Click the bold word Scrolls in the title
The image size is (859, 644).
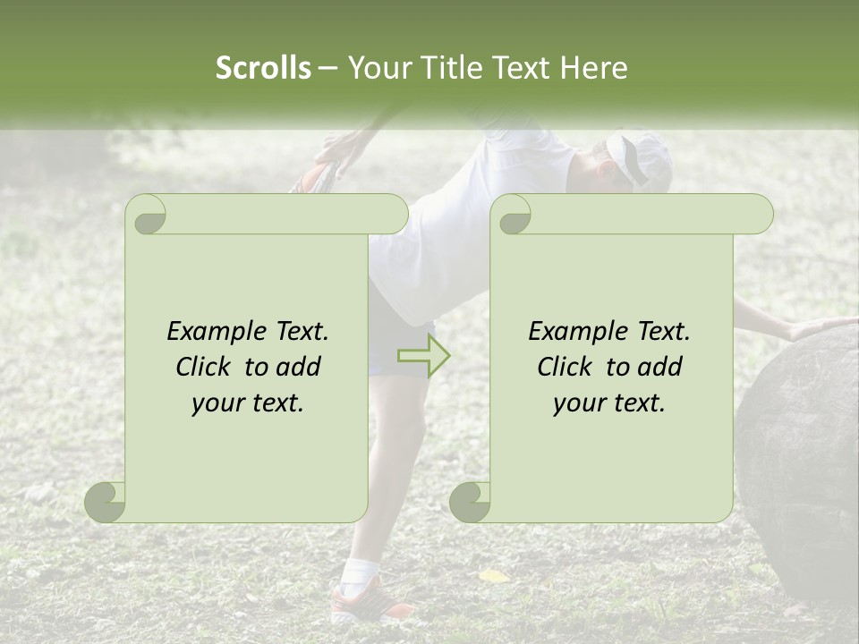(263, 68)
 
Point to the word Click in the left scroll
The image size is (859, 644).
(204, 367)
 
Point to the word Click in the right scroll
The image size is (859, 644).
(566, 367)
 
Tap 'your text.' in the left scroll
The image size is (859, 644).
(248, 403)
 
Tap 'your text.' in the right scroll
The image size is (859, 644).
(609, 403)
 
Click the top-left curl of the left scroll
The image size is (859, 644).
(147, 216)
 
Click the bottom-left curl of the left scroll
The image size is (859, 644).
(106, 502)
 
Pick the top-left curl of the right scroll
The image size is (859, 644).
(512, 216)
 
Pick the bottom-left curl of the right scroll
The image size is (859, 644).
(471, 502)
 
